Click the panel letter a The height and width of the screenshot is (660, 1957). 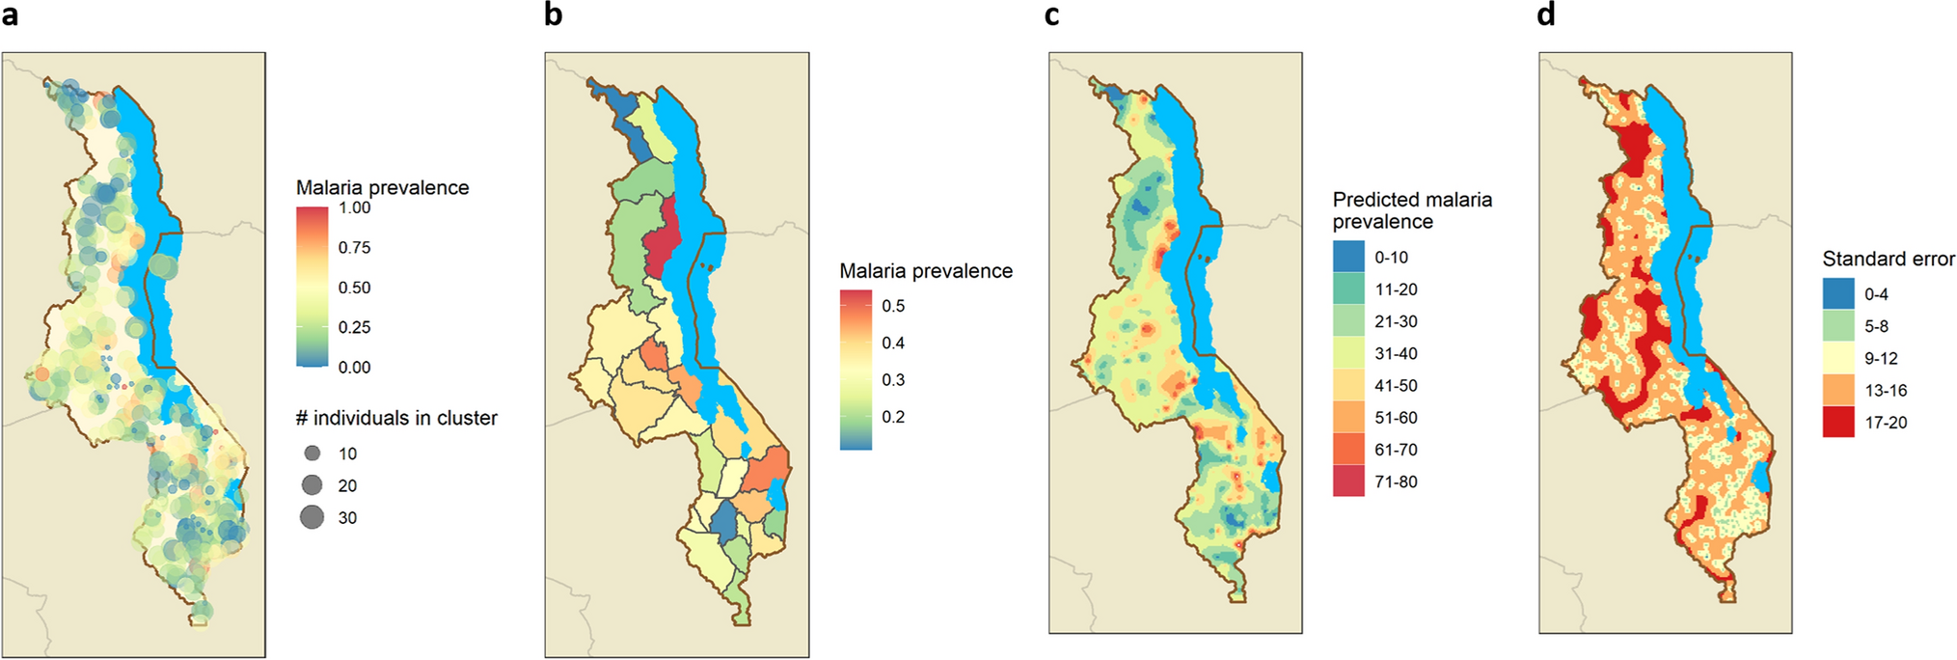tap(10, 16)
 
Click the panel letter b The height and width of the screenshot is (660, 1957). tap(553, 15)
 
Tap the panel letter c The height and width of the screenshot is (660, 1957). tap(1051, 15)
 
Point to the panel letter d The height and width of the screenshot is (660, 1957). tap(1546, 15)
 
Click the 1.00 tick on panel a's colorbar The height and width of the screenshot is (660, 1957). tap(354, 207)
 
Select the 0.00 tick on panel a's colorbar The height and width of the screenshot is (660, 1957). tap(354, 367)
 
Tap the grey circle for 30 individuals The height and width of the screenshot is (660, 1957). tap(312, 517)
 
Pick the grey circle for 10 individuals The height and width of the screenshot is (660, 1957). tap(312, 454)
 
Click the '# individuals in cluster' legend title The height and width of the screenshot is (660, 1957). tap(396, 418)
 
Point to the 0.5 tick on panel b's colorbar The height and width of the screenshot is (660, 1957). tap(893, 306)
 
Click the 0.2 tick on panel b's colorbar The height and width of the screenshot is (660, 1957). tap(893, 417)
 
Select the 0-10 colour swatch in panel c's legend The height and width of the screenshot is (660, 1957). tap(1348, 257)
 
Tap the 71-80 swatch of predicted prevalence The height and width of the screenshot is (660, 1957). tap(1348, 481)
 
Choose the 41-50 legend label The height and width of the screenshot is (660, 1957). tap(1396, 385)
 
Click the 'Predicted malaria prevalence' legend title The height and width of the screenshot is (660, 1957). tap(1411, 210)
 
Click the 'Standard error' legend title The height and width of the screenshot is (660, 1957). tap(1888, 259)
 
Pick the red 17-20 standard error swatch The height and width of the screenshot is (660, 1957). tap(1837, 422)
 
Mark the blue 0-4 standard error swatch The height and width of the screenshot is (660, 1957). tap(1837, 294)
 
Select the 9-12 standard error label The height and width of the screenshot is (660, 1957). tap(1880, 358)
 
